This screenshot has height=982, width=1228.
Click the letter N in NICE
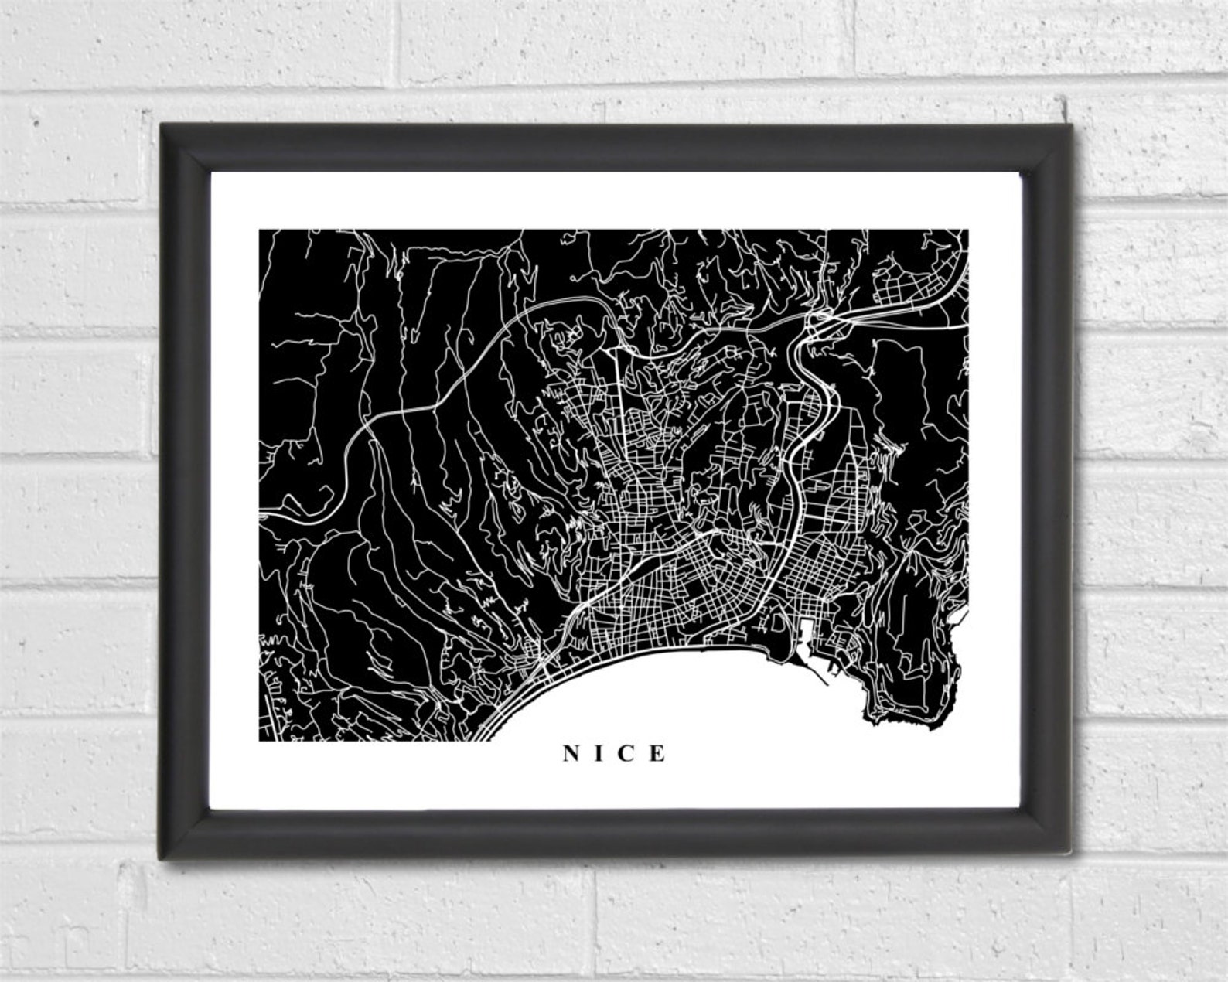[571, 753]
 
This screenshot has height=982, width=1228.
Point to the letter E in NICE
[658, 753]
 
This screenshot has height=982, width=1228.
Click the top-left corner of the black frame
[162, 126]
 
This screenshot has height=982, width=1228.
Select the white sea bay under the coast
[696, 696]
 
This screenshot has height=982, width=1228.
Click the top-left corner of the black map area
[260, 230]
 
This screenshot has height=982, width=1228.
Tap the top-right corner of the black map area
[967, 230]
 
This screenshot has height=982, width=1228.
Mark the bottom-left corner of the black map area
[260, 739]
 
